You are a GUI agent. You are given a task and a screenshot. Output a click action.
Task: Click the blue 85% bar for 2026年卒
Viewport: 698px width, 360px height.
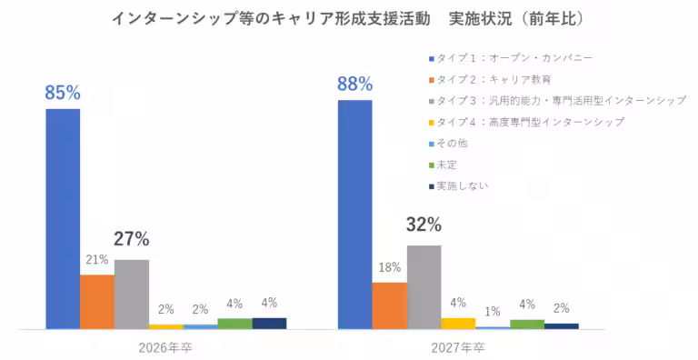[63, 218]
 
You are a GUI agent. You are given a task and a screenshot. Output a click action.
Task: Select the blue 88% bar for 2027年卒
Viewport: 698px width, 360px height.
[354, 215]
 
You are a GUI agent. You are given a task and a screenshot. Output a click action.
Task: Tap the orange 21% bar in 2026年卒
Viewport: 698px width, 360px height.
[97, 301]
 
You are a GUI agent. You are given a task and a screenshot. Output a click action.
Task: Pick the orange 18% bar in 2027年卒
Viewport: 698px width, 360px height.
[389, 305]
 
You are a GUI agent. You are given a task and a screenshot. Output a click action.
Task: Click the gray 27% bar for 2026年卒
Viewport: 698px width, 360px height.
[132, 294]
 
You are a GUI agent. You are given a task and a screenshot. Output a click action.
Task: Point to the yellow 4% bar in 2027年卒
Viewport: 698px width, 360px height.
[458, 323]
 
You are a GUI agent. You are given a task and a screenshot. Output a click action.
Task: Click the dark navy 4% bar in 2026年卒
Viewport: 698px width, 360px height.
[269, 323]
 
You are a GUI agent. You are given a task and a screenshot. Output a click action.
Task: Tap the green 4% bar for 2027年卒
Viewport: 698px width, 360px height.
[527, 324]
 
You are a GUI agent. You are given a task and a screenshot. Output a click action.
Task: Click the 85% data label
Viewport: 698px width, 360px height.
[63, 93]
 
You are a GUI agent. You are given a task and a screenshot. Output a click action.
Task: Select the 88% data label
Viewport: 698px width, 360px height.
[354, 85]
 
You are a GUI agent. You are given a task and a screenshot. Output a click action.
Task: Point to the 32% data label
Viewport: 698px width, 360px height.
[424, 225]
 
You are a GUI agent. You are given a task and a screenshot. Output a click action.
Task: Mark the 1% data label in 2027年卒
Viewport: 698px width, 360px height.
[493, 312]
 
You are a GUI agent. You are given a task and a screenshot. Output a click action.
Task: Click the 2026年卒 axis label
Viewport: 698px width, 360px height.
[165, 346]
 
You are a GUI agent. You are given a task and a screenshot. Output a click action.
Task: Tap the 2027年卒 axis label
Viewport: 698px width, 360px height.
[458, 346]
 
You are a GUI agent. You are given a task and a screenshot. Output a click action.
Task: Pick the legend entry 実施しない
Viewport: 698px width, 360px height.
[463, 185]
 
